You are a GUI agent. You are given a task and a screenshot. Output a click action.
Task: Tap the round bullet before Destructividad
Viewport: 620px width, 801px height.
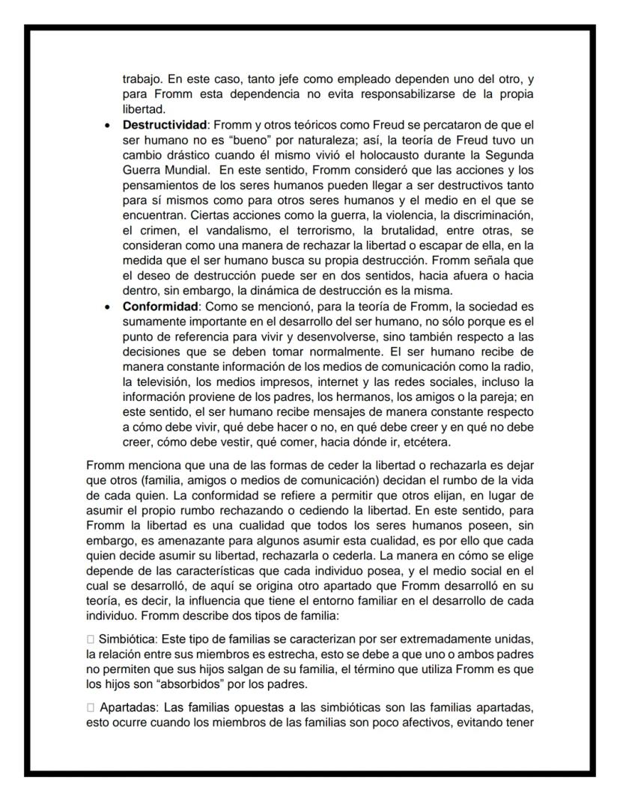[x=109, y=124]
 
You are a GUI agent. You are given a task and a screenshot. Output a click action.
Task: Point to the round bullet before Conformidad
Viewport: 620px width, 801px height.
[x=109, y=307]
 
